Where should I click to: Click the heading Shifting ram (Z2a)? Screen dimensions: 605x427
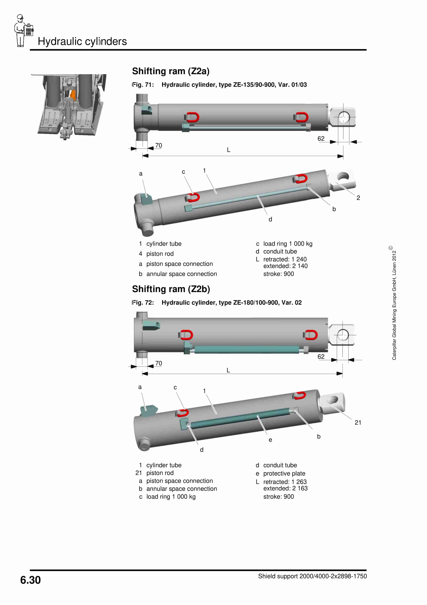pos(171,71)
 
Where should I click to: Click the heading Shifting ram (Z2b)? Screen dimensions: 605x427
pos(171,289)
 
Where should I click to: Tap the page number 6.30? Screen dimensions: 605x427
pos(30,580)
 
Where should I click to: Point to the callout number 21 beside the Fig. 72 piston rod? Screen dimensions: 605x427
pos(358,423)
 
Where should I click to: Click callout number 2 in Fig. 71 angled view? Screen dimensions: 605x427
pos(358,198)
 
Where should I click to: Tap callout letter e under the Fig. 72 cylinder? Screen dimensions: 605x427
pos(270,440)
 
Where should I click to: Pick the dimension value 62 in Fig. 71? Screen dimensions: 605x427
pos(321,139)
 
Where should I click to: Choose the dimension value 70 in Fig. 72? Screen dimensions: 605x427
pos(158,363)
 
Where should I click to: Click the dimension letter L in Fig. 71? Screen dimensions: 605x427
pos(228,150)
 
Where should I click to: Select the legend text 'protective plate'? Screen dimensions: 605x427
pos(284,474)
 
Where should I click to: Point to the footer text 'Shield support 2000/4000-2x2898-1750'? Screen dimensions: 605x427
pos(312,576)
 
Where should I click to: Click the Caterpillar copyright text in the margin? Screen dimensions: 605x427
pos(394,303)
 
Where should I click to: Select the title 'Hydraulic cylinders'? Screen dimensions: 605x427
pos(82,41)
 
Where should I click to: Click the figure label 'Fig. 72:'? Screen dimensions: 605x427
pos(143,302)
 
